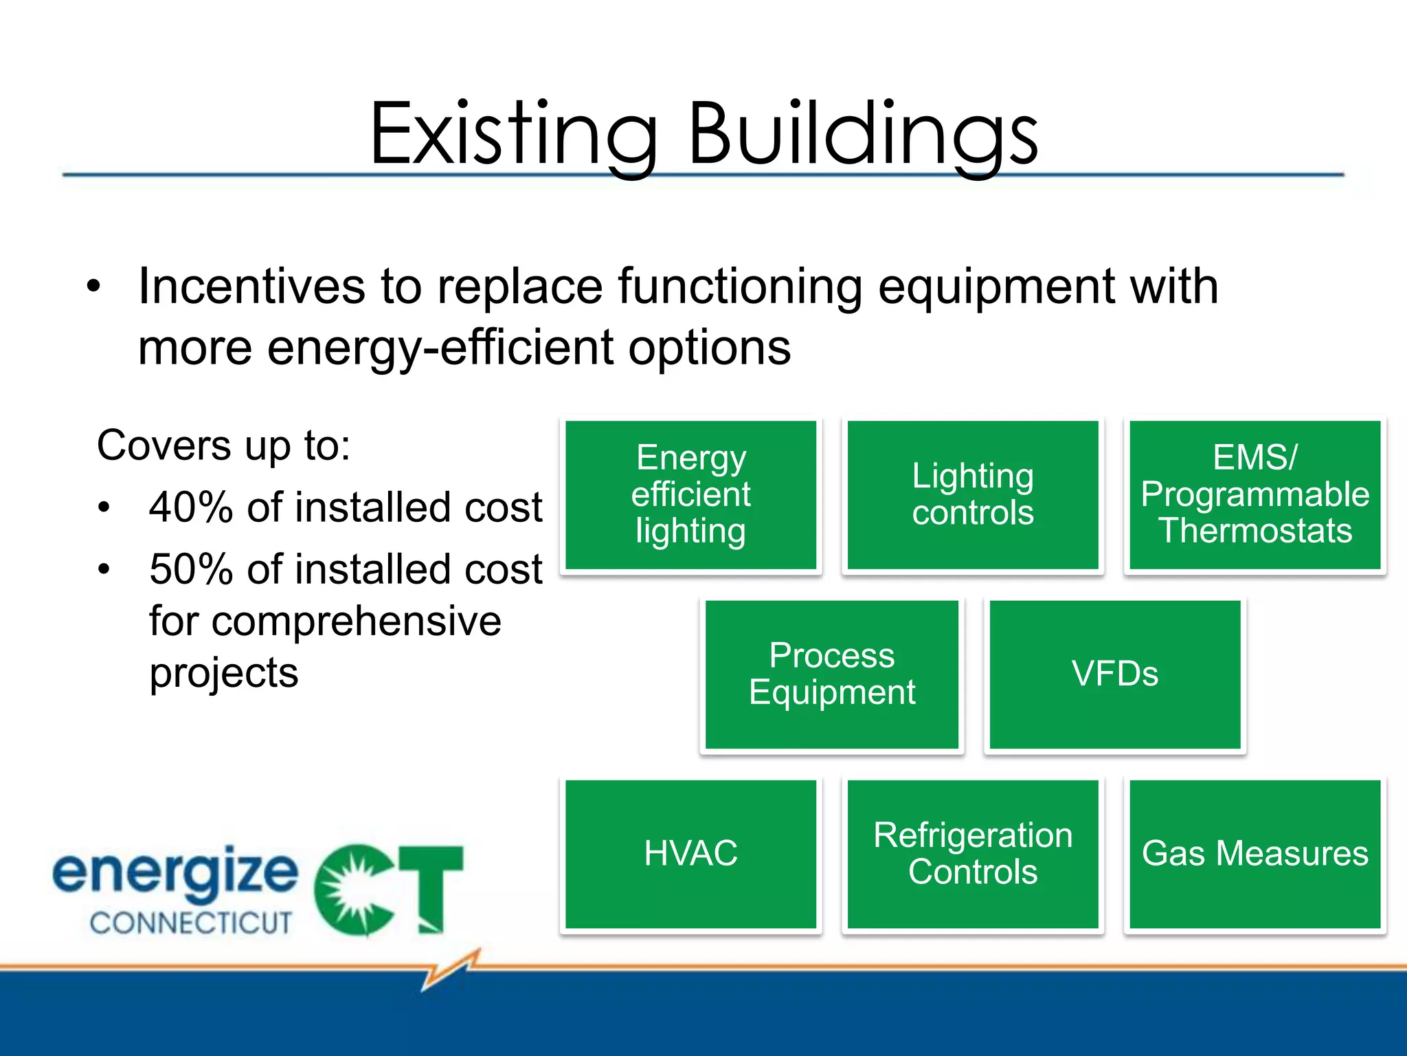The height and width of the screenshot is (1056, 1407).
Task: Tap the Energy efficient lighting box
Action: click(x=690, y=495)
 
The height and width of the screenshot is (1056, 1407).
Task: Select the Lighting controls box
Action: click(x=973, y=495)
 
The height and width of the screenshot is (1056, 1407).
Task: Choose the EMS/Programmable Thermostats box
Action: click(x=1254, y=495)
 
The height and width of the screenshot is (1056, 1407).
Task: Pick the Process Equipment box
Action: click(x=831, y=674)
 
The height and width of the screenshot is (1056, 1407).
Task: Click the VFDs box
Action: click(x=1114, y=674)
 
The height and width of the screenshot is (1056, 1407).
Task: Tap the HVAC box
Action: click(x=690, y=854)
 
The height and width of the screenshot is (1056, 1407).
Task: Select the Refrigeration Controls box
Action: click(x=973, y=854)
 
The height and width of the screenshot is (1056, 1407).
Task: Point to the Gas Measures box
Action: click(x=1254, y=854)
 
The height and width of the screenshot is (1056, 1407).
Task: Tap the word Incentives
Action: click(x=251, y=286)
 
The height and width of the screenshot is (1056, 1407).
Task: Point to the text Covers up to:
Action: click(x=224, y=445)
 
